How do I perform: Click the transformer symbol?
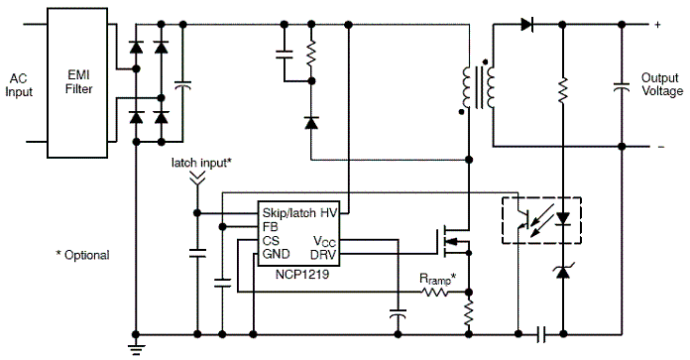477,87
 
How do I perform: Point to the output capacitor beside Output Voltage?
622,87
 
